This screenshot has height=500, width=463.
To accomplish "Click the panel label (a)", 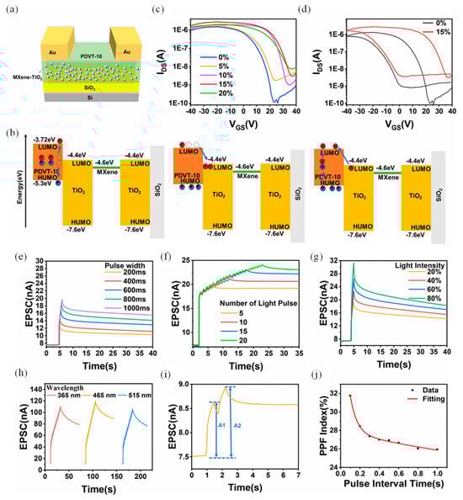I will [12, 8].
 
